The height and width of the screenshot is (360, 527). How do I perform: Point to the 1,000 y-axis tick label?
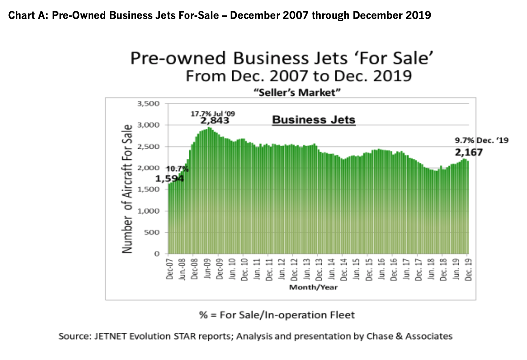149,211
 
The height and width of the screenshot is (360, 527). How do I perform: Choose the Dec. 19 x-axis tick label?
468,269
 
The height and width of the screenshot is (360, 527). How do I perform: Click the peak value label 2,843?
215,121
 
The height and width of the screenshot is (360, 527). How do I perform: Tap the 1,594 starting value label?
170,178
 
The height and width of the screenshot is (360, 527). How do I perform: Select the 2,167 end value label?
469,152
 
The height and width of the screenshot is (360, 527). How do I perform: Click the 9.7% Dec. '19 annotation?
482,140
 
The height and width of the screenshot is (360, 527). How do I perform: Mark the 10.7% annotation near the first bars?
177,169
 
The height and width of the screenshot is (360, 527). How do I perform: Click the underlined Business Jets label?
314,120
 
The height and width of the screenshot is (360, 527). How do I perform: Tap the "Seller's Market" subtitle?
297,93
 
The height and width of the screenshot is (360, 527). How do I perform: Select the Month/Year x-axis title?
313,287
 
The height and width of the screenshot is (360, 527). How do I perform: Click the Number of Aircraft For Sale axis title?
127,189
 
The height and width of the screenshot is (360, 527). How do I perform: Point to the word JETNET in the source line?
110,336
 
